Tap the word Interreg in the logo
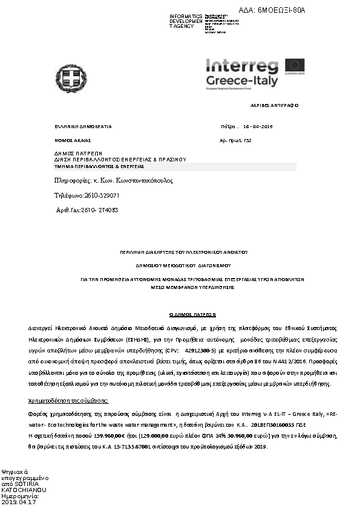tap(241, 66)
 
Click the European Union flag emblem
tap(296, 65)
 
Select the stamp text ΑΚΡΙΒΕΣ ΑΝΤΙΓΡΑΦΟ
tap(274, 105)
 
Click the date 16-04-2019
tap(258, 126)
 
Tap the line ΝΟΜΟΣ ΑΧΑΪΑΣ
tap(72, 140)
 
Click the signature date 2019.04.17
tap(19, 502)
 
